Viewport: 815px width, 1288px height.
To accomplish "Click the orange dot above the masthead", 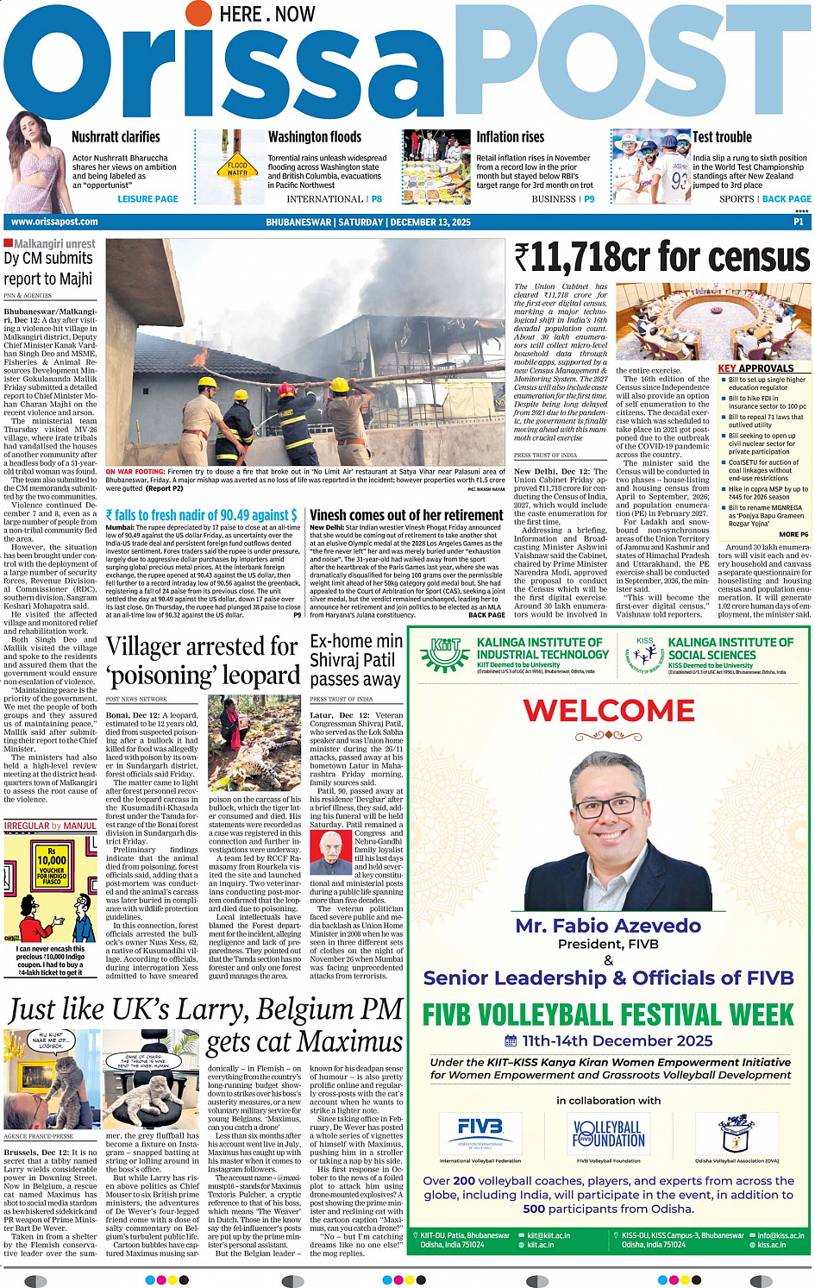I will point(199,13).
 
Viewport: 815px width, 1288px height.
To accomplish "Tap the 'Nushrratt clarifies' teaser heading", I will point(116,137).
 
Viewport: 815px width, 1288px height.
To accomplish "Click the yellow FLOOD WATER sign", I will point(237,168).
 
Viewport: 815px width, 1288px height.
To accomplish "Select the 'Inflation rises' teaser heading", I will point(511,137).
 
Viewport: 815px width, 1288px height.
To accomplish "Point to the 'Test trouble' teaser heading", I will point(722,137).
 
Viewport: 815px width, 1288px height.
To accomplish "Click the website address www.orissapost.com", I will point(54,222).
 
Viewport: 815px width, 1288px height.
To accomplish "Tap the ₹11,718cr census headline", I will point(661,257).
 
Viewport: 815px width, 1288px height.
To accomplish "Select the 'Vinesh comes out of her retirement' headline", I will point(406,515).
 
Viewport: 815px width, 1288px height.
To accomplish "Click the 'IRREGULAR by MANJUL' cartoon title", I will point(50,826).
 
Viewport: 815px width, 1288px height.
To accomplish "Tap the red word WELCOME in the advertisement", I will point(609,711).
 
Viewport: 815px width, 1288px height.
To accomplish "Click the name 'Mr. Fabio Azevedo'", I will point(608,926).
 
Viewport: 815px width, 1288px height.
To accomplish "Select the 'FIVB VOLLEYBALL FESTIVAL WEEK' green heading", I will point(608,1015).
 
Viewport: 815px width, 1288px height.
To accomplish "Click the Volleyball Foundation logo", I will point(608,1134).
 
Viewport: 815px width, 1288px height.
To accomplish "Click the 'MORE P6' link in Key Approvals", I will point(793,535).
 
